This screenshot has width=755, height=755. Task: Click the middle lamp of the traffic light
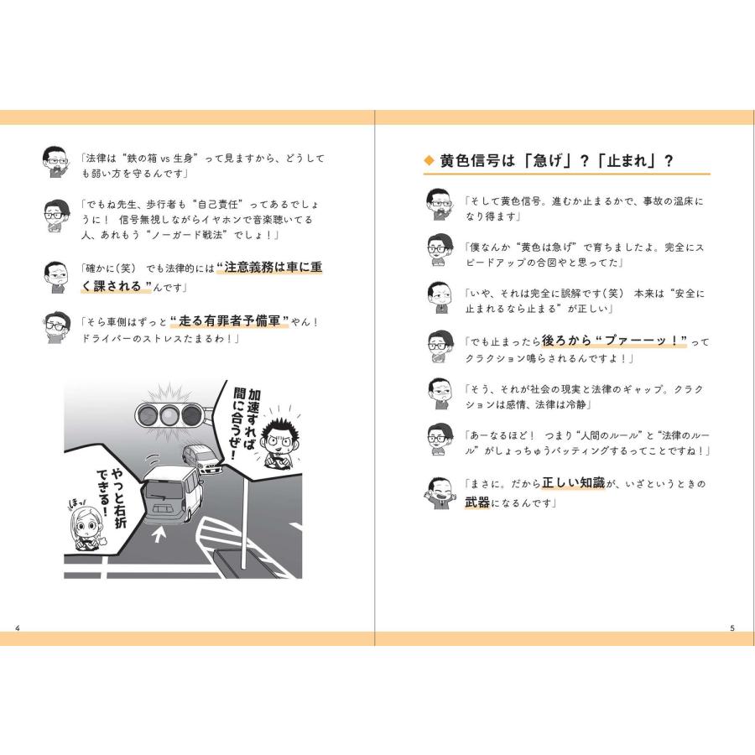point(170,414)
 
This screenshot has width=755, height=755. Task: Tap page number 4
point(18,627)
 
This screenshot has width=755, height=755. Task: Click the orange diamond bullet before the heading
point(430,161)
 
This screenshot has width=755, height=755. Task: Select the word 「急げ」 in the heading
point(543,161)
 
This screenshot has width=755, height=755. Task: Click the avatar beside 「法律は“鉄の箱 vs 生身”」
point(55,161)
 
